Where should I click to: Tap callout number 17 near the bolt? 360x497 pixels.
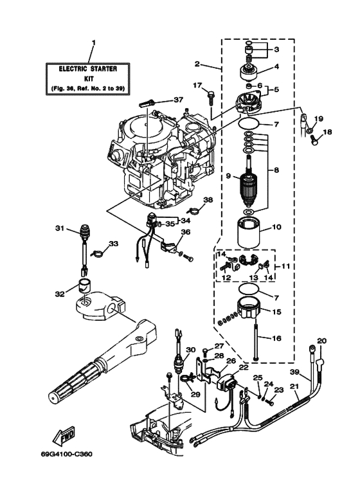pyautogui.click(x=198, y=85)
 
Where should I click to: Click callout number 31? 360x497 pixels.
pyautogui.click(x=60, y=228)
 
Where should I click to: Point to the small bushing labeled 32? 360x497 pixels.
pyautogui.click(x=84, y=286)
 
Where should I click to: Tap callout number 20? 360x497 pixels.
pyautogui.click(x=322, y=340)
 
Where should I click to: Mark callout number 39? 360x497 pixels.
pyautogui.click(x=295, y=372)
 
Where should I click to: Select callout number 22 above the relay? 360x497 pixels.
pyautogui.click(x=243, y=367)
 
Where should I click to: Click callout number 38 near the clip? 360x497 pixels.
pyautogui.click(x=208, y=199)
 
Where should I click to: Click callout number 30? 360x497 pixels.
pyautogui.click(x=190, y=350)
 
